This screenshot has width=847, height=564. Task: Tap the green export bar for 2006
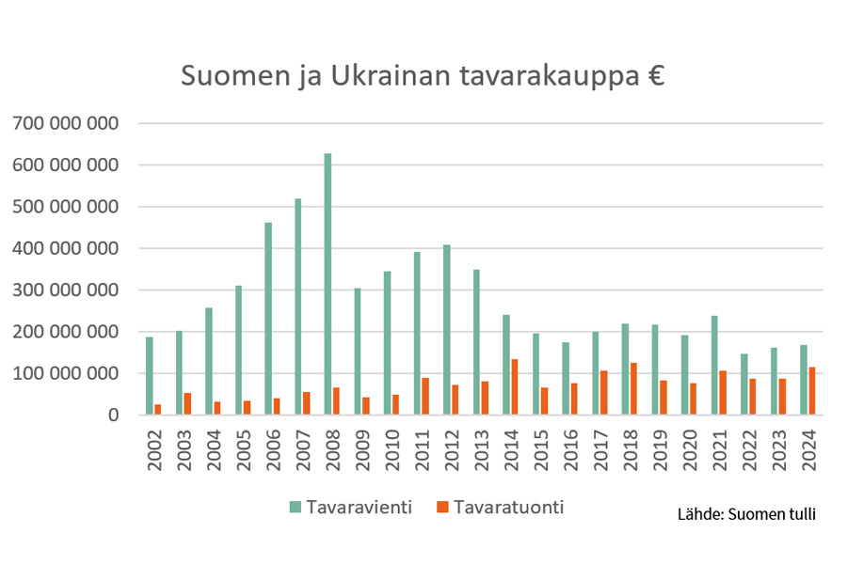point(268,319)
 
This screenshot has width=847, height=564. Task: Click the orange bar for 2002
point(158,410)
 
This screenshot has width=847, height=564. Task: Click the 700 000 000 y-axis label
point(64,123)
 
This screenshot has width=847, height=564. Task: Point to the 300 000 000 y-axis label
point(64,290)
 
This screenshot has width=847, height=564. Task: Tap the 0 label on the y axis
point(112,415)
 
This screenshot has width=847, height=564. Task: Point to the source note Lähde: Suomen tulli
point(746,514)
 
